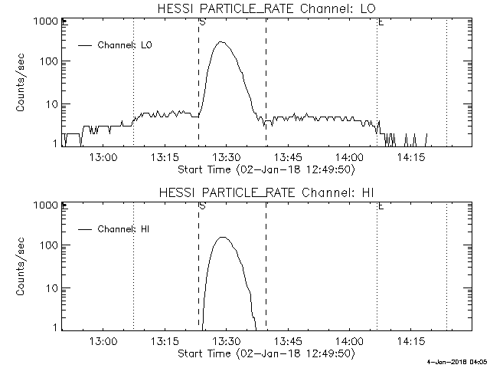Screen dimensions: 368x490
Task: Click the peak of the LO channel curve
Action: [222, 42]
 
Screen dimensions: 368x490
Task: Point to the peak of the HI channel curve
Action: [224, 238]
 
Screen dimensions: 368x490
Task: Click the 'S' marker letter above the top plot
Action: [201, 21]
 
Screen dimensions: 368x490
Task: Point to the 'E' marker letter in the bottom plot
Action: [381, 205]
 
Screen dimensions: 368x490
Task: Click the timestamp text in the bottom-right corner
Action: [457, 361]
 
